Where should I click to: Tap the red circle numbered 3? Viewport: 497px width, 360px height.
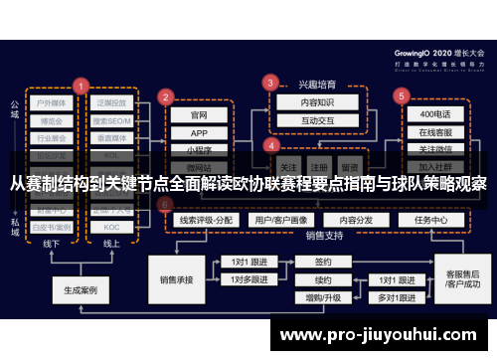point(270,83)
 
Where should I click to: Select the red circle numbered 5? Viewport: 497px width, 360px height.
point(401,95)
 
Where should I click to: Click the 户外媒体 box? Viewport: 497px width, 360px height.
point(52,102)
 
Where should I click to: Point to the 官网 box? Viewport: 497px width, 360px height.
point(199,114)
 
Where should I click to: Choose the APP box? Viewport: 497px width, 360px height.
point(199,132)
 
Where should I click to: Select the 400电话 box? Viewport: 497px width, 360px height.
point(434,114)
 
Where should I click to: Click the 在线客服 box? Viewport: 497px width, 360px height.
point(434,132)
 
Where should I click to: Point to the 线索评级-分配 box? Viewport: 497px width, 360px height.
point(207,219)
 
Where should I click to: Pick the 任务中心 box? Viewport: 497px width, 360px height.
point(430,219)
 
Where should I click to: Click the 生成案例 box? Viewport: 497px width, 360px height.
point(81,291)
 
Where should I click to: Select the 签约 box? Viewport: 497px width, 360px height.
point(323,262)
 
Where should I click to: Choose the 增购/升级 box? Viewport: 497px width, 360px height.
point(323,296)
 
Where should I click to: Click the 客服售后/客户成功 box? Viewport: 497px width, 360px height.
point(462,279)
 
